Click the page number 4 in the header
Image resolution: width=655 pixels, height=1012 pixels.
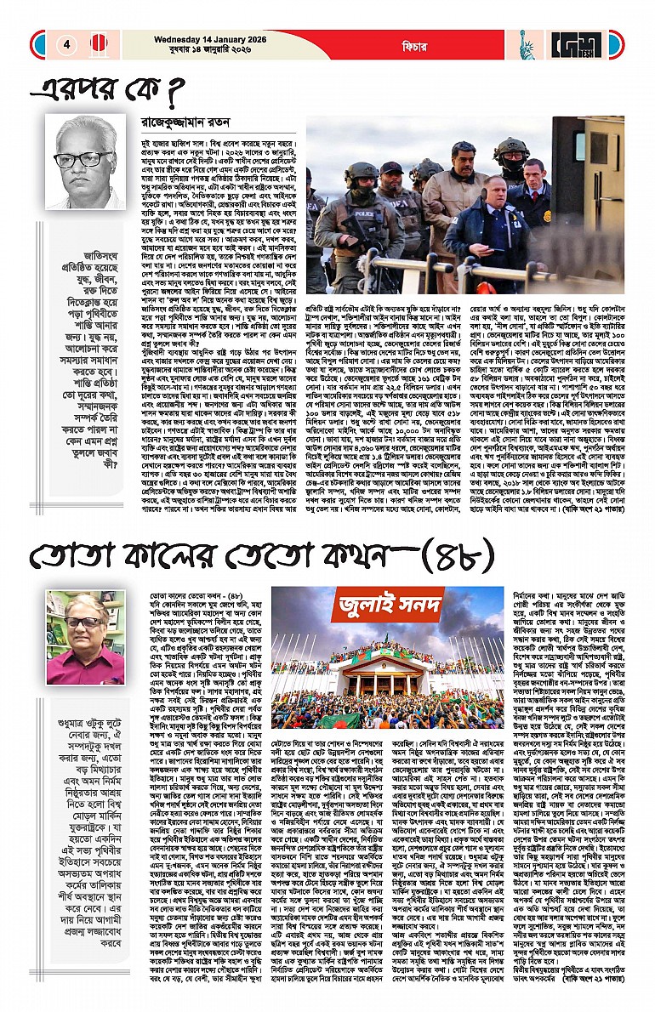[66, 44]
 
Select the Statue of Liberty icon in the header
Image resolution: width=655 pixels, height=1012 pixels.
[527, 45]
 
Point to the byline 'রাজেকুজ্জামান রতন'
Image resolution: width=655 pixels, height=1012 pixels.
[184, 123]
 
